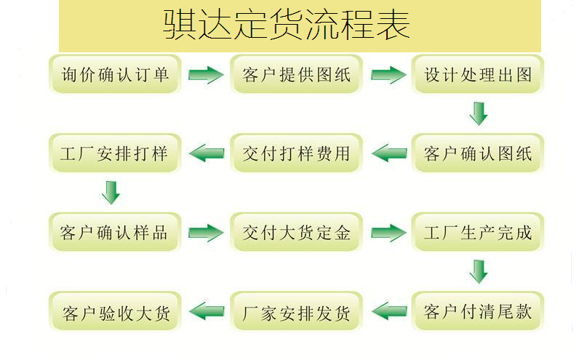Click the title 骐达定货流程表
[x=287, y=25]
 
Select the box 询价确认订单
[x=114, y=74]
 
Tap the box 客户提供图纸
[x=296, y=74]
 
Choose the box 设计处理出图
[x=478, y=74]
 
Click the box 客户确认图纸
[x=478, y=153]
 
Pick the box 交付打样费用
[x=296, y=153]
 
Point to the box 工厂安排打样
[x=114, y=153]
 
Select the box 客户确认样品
[x=114, y=233]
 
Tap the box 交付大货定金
[x=296, y=233]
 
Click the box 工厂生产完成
[x=478, y=233]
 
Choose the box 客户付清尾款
[x=478, y=312]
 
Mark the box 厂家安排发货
[x=296, y=312]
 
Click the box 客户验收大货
[x=114, y=312]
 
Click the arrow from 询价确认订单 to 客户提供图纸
[x=206, y=74]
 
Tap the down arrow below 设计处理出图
[x=478, y=113]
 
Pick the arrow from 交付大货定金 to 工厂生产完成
[x=388, y=233]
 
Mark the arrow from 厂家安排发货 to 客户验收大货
[x=207, y=312]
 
